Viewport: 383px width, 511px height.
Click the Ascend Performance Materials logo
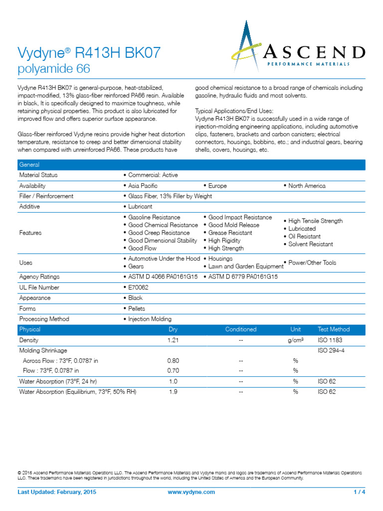298,45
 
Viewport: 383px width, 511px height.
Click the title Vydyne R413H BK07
89,52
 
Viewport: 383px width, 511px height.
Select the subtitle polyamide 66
54,68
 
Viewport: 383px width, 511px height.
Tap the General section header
29,165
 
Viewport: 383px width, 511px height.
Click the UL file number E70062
135,287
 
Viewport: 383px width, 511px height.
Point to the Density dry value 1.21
173,340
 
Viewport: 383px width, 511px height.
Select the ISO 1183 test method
330,340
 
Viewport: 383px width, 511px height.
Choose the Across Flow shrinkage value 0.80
173,360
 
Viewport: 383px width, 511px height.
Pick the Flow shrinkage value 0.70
173,371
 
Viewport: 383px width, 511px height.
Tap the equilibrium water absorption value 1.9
173,392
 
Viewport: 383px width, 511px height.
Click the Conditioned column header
240,329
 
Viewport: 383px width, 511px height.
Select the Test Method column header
333,329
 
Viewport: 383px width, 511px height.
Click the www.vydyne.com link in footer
192,492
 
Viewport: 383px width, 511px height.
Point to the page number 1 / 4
359,492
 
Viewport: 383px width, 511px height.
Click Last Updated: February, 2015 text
57,492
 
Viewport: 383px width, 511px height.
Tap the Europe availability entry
217,186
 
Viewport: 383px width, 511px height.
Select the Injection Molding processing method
149,319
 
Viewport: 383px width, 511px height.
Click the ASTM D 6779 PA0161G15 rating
242,277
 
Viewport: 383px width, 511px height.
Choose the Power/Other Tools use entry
311,262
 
